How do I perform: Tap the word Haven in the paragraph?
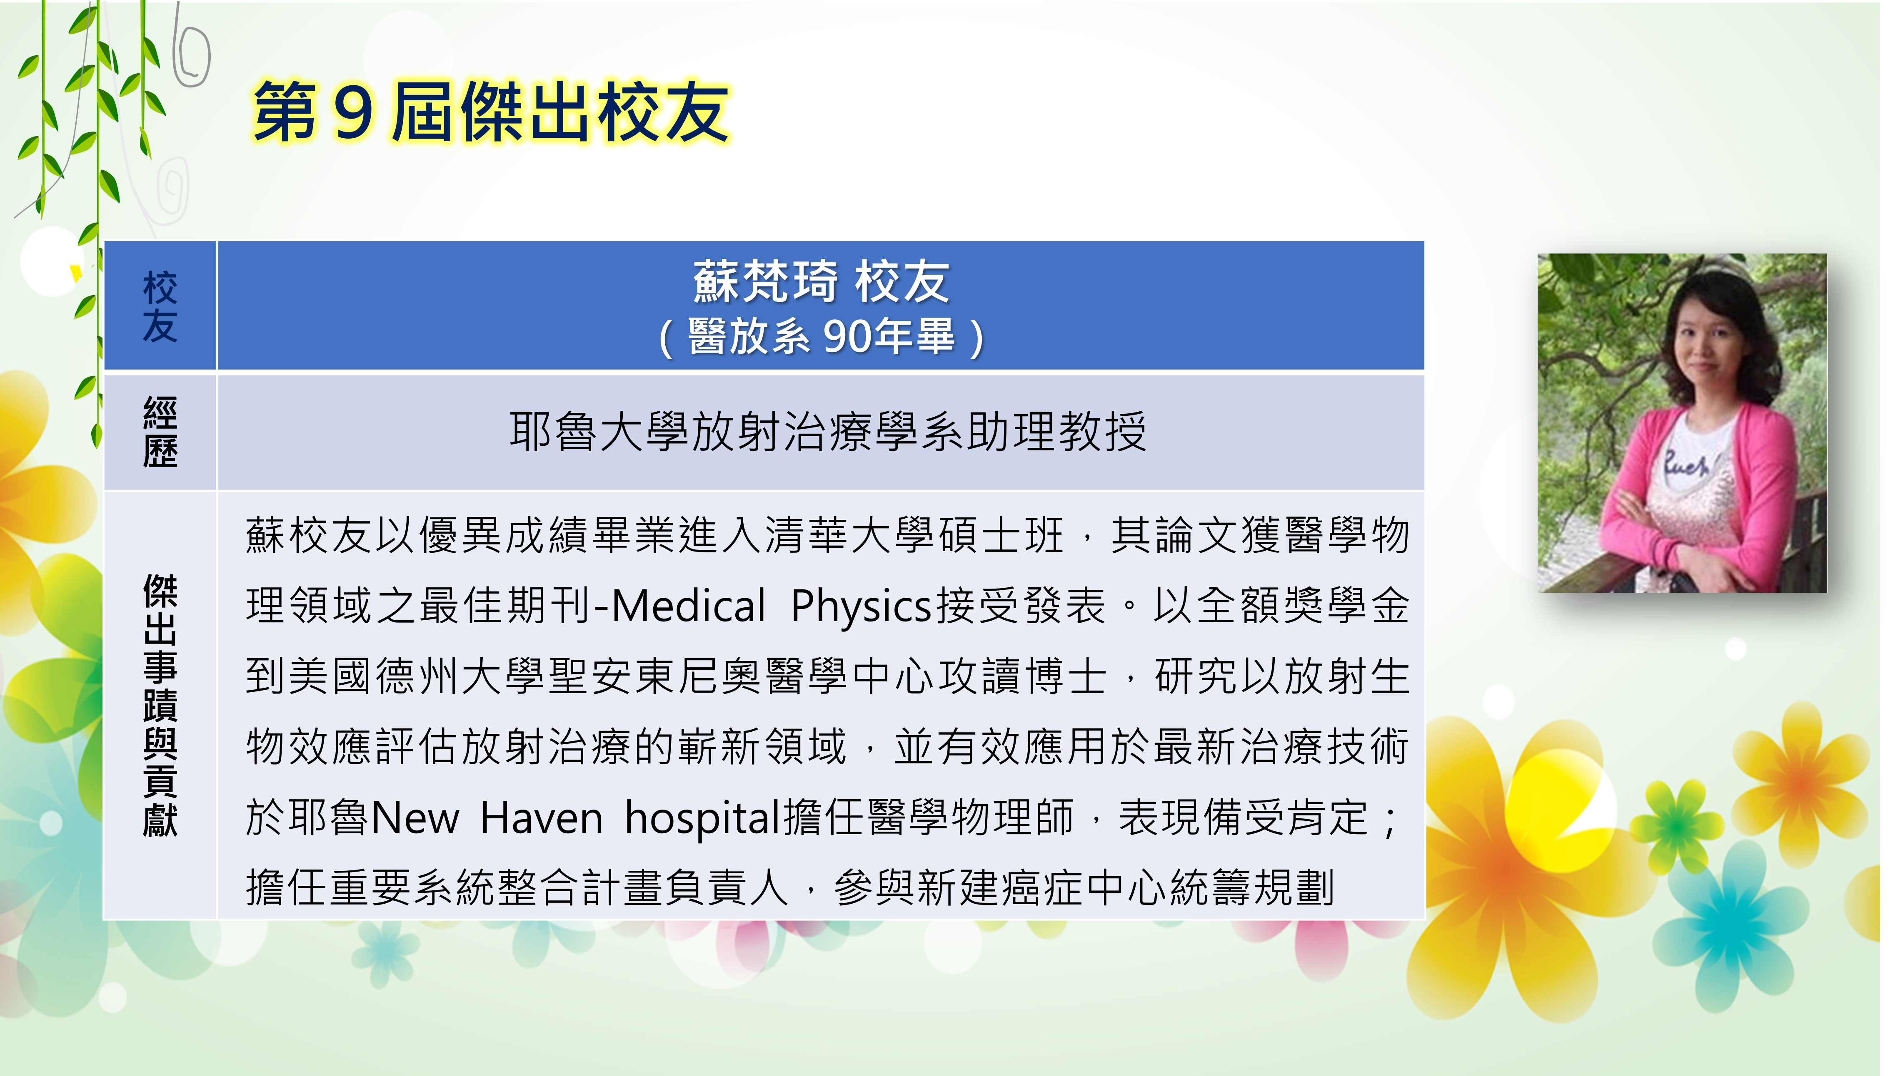point(542,819)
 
